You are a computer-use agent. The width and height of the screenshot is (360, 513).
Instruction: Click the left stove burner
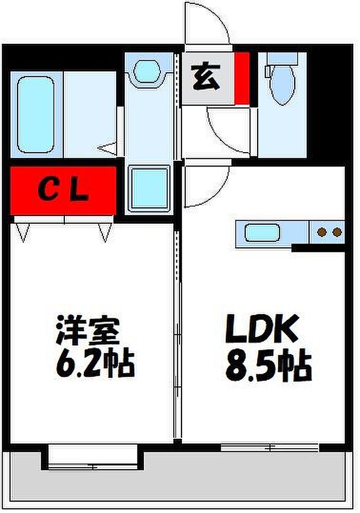(322, 233)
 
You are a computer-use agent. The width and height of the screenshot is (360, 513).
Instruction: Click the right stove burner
(337, 233)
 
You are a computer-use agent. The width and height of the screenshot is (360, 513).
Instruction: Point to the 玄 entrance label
(206, 78)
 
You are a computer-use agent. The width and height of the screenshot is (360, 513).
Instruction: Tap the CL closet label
(64, 191)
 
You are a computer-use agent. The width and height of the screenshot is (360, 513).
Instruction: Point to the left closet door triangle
(23, 231)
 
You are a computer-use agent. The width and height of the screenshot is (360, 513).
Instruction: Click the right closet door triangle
(105, 231)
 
